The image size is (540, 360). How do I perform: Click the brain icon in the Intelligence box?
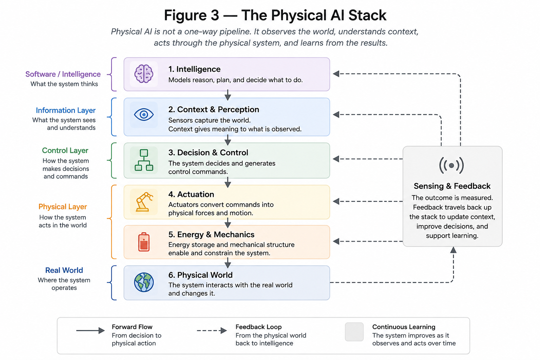144,74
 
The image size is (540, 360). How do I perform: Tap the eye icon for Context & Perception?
144,115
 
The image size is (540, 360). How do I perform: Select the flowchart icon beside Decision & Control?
144,160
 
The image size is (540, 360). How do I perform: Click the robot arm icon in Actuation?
144,202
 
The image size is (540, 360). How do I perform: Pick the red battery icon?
144,242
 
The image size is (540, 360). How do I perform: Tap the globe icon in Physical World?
144,282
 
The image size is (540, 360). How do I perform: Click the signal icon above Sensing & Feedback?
451,166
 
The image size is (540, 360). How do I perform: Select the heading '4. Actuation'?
191,194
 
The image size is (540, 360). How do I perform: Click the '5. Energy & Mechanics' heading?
211,234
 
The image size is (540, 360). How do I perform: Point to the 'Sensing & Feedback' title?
452,186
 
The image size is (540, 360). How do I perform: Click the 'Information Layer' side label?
66,110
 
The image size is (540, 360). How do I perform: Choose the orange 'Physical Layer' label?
63,207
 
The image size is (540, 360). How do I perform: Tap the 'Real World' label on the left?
64,270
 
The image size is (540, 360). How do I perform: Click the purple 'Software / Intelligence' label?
63,74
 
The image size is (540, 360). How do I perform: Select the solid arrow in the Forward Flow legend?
90,330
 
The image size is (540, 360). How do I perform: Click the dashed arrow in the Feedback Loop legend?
212,330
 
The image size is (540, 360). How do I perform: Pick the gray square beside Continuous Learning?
354,332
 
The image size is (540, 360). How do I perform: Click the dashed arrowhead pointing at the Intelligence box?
336,74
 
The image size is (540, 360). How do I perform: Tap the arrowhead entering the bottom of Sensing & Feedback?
453,250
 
